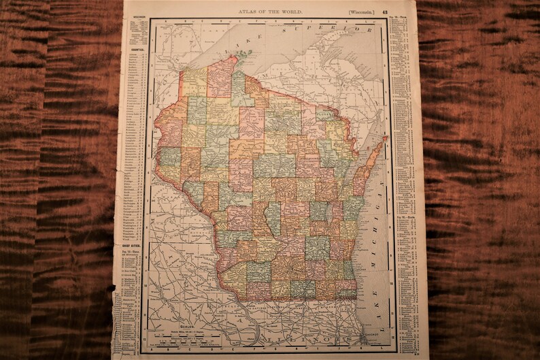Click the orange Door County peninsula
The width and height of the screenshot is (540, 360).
pyautogui.click(x=371, y=160)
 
